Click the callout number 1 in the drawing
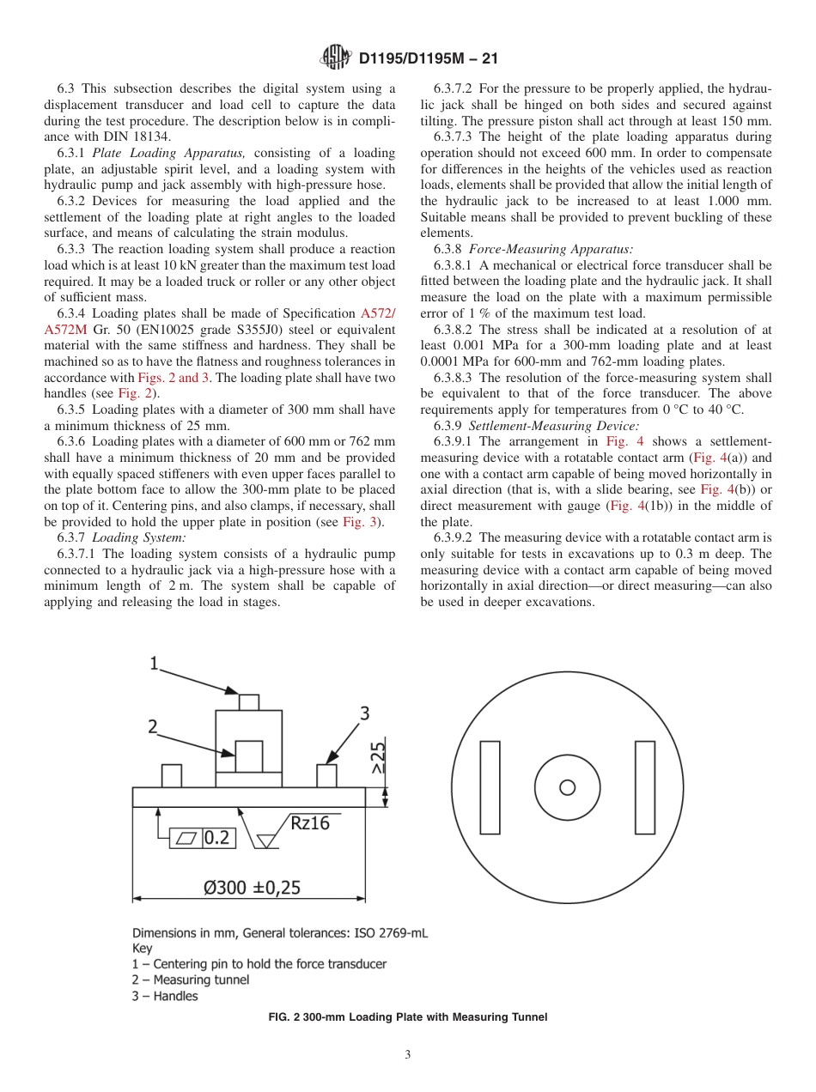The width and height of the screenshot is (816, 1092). [x=155, y=663]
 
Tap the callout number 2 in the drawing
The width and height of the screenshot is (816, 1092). [x=153, y=726]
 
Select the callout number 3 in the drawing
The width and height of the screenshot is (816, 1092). [x=364, y=713]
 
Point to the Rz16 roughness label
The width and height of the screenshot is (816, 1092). [x=309, y=822]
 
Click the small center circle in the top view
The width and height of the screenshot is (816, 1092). [x=567, y=787]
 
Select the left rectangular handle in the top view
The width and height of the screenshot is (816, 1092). [x=490, y=787]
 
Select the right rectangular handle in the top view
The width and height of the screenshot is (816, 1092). [x=645, y=787]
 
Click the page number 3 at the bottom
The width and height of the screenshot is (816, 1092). [x=408, y=1055]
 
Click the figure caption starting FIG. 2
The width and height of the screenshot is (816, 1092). [x=408, y=1017]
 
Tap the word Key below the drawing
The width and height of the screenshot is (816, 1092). [x=142, y=949]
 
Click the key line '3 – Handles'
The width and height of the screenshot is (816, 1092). [x=165, y=997]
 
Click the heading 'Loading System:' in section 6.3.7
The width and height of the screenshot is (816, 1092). [x=138, y=537]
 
